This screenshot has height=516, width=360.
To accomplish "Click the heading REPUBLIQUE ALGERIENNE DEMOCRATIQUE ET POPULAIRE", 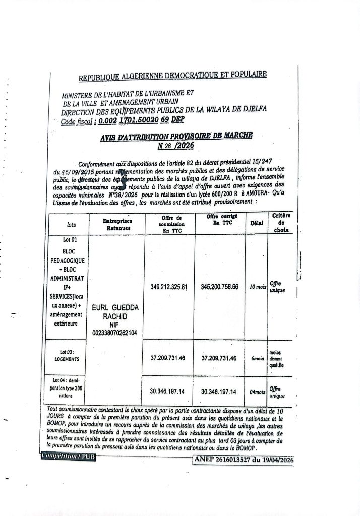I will click(x=173, y=76).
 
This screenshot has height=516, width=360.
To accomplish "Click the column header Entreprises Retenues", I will click(x=116, y=225).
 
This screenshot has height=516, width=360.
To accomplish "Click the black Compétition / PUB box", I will click(x=68, y=456).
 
